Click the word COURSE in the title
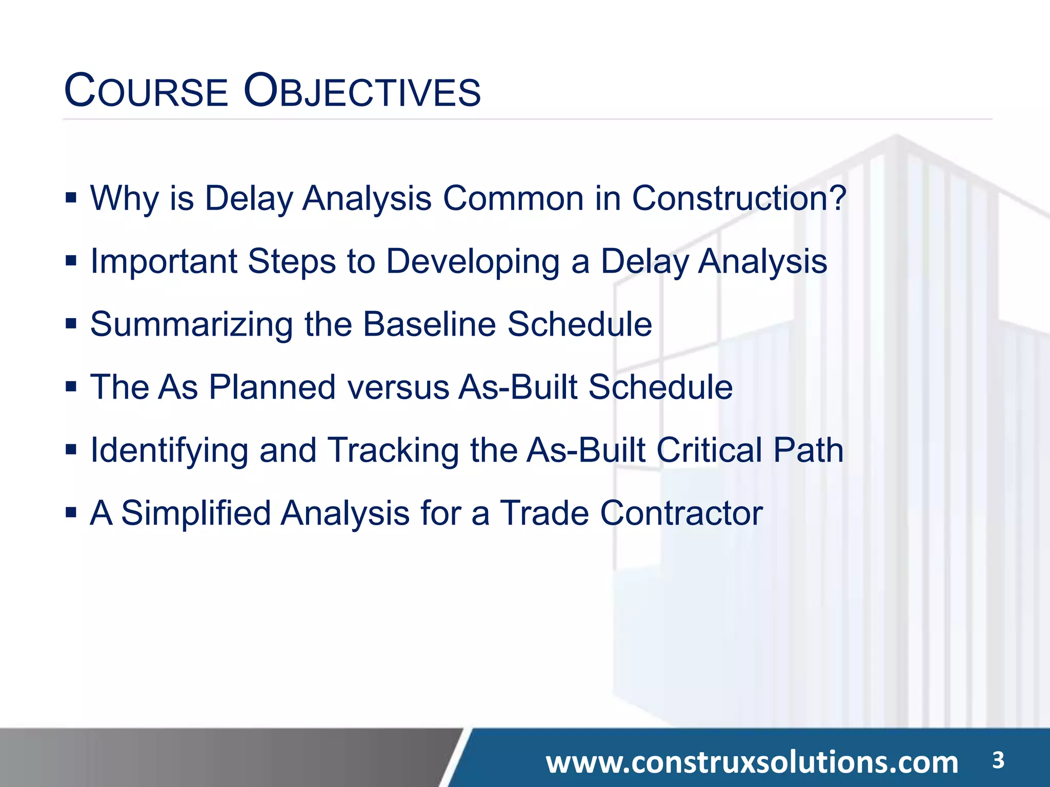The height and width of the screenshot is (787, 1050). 146,92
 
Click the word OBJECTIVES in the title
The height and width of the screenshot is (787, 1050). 362,92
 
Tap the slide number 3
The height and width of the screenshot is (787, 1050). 998,760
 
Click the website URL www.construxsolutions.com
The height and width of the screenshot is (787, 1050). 752,762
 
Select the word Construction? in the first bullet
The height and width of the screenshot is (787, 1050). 739,198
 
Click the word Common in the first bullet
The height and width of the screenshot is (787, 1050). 513,198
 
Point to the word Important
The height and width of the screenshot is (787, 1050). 164,262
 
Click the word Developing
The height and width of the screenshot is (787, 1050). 472,262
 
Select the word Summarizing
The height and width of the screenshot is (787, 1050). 191,325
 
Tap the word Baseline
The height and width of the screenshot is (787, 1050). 430,325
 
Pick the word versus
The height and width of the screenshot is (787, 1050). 398,387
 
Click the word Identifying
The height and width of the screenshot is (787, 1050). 169,451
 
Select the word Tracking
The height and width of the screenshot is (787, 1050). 393,451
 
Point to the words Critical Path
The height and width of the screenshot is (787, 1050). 750,451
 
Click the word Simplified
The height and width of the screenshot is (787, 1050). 196,513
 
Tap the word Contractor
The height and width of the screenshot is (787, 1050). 681,513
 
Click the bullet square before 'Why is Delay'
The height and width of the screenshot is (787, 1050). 71,198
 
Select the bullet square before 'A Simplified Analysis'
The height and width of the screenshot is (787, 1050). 71,512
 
